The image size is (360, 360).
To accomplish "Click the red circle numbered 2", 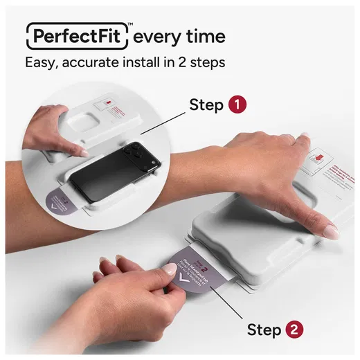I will (x=294, y=330).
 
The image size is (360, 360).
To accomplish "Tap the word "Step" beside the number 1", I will (x=206, y=105).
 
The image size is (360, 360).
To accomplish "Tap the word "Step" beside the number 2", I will (x=263, y=330).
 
